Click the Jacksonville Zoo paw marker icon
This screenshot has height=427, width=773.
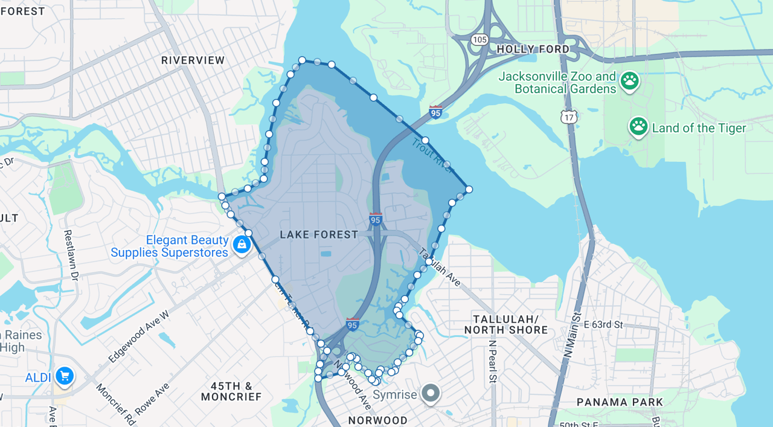tap(629, 81)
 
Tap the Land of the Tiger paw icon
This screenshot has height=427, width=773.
tap(638, 127)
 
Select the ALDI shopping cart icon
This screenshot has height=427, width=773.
tap(65, 376)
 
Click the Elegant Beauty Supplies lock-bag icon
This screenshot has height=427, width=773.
tap(242, 245)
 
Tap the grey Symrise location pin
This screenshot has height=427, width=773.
tap(431, 393)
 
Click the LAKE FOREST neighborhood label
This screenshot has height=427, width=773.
tap(319, 234)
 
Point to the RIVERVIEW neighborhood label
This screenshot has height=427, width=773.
tap(193, 60)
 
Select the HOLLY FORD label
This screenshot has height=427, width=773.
tap(533, 49)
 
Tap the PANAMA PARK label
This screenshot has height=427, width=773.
tap(620, 402)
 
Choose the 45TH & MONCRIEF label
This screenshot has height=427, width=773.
tap(231, 391)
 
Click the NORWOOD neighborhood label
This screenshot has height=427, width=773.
tap(377, 420)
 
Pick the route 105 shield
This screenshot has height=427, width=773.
tap(480, 39)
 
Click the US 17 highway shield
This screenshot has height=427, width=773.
tap(569, 117)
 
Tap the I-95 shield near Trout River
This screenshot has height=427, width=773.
tap(435, 112)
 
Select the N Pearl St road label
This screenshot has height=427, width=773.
tap(493, 361)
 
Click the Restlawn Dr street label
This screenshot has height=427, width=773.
tap(71, 255)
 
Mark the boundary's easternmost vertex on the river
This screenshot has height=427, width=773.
tap(469, 190)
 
